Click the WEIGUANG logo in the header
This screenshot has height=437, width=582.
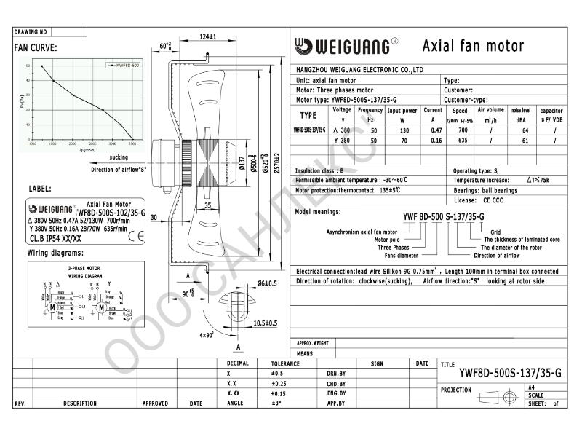pos(346,46)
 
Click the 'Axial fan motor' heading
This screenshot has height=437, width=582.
pos(473,46)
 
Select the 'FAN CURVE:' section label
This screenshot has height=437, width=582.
pos(36,48)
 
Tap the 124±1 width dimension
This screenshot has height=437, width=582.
pos(208,36)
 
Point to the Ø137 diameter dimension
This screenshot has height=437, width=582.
pos(242,167)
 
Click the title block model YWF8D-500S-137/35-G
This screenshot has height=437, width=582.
pos(510,373)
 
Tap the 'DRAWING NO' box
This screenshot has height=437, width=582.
pos(31,33)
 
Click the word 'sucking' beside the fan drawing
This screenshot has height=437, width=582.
pos(119,157)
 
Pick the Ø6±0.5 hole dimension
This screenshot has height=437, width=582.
pos(267,283)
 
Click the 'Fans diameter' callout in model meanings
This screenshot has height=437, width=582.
pos(401,256)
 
